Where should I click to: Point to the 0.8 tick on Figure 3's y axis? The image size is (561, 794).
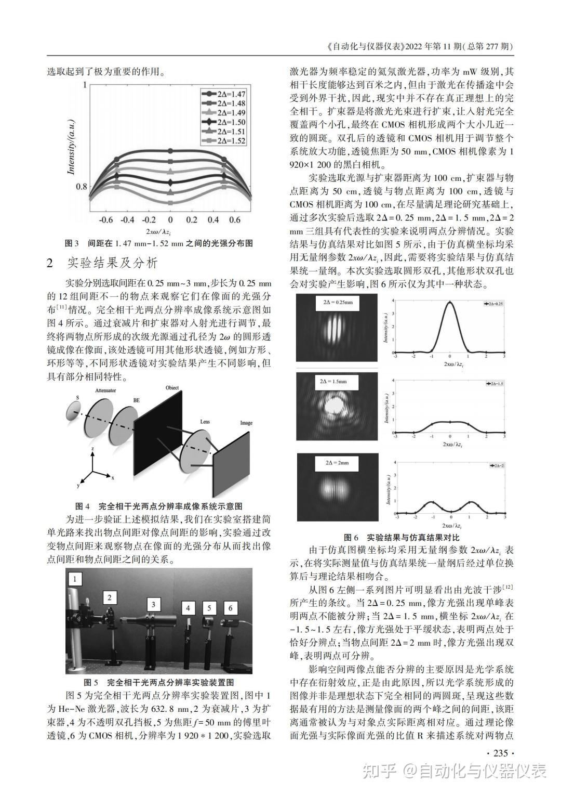click(x=82, y=186)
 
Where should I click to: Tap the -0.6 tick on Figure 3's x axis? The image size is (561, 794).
click(x=106, y=220)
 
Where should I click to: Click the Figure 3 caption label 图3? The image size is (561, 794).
click(x=71, y=243)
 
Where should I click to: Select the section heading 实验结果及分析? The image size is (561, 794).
click(x=113, y=263)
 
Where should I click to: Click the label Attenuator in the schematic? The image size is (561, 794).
click(x=105, y=389)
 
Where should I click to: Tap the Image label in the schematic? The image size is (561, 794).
click(x=246, y=423)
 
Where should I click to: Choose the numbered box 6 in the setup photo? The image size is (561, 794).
click(x=230, y=608)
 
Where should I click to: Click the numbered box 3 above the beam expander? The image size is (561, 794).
click(x=153, y=604)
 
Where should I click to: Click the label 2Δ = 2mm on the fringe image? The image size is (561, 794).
click(x=337, y=462)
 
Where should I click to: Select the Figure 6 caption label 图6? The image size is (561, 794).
click(x=352, y=537)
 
